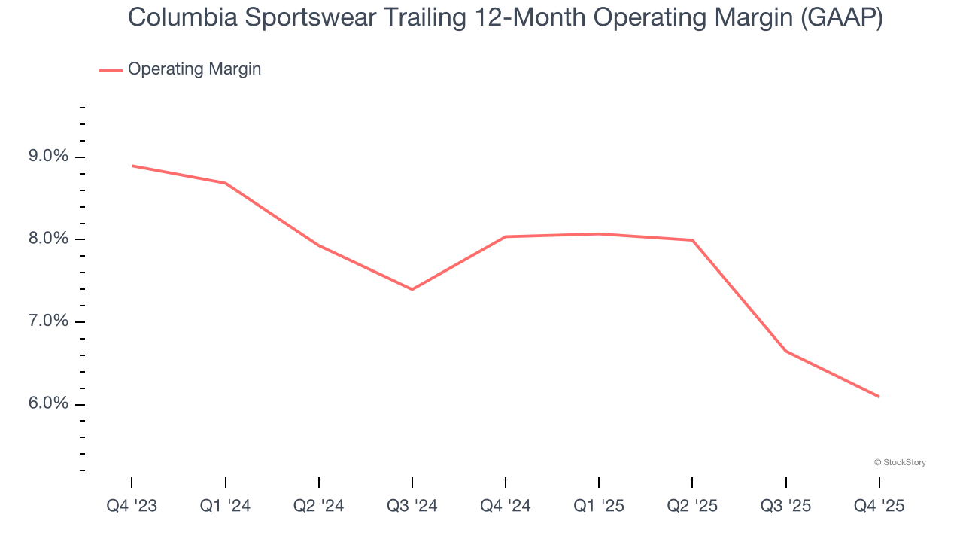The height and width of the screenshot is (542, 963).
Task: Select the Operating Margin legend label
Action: pos(194,69)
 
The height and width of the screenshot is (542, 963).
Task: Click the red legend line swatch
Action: pos(111,70)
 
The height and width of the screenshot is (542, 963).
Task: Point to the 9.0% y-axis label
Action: pos(49,157)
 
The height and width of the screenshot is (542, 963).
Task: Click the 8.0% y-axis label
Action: pos(49,239)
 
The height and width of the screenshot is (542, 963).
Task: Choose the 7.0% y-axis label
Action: pos(49,321)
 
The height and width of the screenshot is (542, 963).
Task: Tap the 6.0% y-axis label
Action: pos(49,404)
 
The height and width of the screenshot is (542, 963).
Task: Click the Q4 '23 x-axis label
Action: pos(132,506)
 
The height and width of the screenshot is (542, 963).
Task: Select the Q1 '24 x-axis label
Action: pos(225,506)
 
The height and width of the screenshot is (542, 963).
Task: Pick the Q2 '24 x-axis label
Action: pos(319,506)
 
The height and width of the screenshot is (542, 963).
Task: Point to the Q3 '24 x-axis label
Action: pos(412,506)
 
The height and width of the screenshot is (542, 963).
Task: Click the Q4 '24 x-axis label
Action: pos(506,506)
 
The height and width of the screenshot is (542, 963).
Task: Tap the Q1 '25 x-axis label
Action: pos(599,506)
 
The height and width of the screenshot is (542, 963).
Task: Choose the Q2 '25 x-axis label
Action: pos(692,506)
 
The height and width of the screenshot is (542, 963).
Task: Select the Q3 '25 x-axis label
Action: pos(786,506)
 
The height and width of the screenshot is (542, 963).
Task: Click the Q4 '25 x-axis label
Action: pos(879,506)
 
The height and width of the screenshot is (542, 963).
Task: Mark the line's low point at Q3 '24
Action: pos(412,289)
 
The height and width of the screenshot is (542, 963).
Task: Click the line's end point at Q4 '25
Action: pos(879,397)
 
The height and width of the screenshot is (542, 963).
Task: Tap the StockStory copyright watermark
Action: pos(900,462)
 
